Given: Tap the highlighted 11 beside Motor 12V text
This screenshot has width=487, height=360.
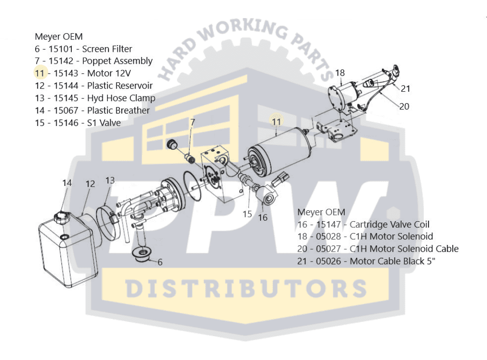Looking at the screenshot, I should pos(39,73).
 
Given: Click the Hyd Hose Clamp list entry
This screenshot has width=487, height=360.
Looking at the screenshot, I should pos(121,98).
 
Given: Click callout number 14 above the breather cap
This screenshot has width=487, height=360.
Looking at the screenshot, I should pos(67,183).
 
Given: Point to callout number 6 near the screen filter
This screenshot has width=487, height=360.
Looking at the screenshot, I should pos(160,262).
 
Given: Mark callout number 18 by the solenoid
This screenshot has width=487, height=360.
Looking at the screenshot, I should pos(340,73).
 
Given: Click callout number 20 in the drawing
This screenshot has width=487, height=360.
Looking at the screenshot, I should pos(404,107).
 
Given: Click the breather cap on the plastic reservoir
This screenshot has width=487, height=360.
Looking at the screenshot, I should pos(61,217).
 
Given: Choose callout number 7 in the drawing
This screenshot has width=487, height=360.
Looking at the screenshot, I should pos(193,122).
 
